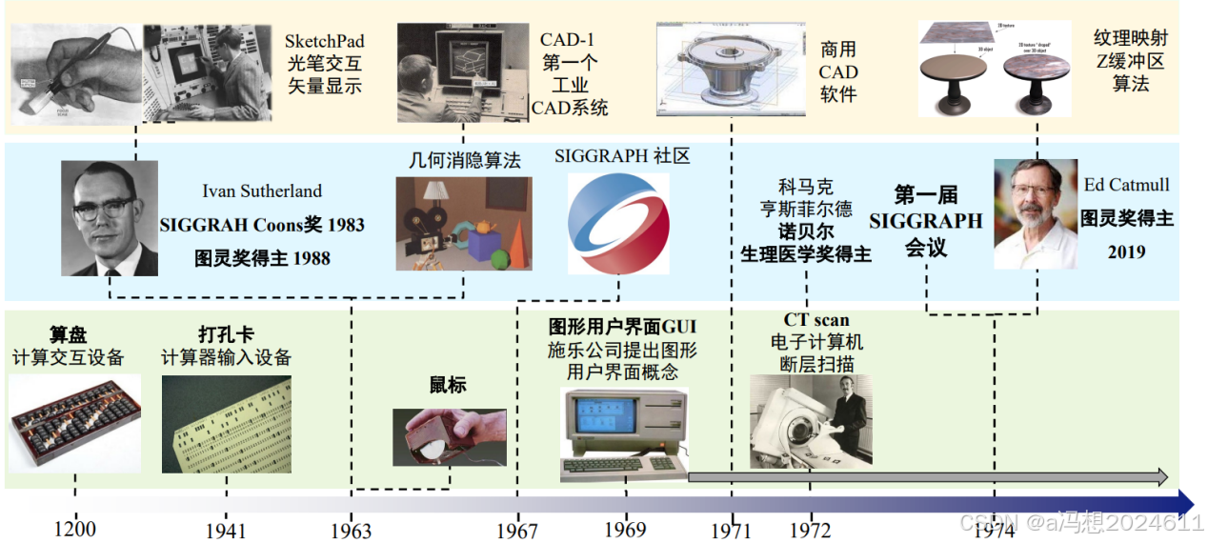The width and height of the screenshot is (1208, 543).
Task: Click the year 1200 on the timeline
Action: (x=74, y=529)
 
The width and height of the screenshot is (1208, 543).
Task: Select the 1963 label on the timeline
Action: (x=351, y=531)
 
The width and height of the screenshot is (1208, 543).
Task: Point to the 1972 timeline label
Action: (x=809, y=530)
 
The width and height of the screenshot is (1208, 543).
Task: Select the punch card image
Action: (x=227, y=425)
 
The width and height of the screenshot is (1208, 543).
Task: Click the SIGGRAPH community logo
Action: (x=618, y=220)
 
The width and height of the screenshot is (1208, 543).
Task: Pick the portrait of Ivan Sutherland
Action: (x=110, y=218)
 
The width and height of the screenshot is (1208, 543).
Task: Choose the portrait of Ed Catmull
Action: (x=1036, y=213)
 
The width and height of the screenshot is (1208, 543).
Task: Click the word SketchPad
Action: (x=324, y=42)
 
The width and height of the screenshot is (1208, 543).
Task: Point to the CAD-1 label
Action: (x=569, y=40)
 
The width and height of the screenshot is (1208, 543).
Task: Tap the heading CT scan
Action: (x=816, y=320)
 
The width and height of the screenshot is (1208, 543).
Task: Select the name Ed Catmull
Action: (x=1126, y=185)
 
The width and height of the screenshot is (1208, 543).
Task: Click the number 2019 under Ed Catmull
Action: (x=1126, y=252)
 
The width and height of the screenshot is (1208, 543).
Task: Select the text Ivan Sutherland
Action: (x=262, y=191)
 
